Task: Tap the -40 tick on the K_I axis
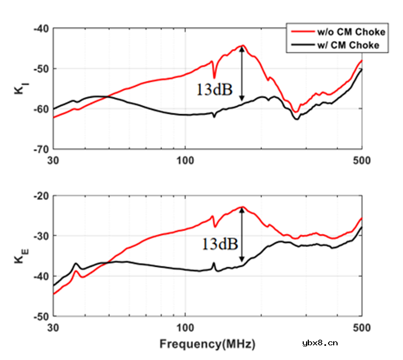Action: [x=43, y=28]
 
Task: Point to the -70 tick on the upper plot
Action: [x=43, y=150]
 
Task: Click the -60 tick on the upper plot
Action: [x=43, y=109]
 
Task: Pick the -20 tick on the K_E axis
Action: [x=43, y=195]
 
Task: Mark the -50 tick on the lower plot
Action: [x=43, y=317]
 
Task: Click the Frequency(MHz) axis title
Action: [x=207, y=343]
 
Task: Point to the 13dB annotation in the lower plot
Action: [x=219, y=243]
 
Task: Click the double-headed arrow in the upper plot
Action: [x=242, y=73]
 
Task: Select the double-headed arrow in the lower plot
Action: [x=242, y=234]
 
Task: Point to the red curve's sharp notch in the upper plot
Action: [x=214, y=77]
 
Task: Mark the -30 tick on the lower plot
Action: [x=43, y=235]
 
